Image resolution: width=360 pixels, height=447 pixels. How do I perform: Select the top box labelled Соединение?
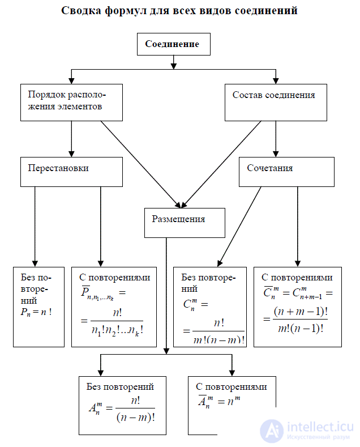(172, 44)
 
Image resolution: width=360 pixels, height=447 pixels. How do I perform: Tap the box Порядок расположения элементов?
(71, 102)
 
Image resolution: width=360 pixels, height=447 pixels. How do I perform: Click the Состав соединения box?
(276, 102)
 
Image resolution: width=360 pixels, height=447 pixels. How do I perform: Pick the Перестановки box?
(71, 172)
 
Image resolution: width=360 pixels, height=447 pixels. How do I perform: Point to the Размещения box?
(185, 223)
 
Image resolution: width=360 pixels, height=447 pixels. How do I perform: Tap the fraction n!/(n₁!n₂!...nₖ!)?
(116, 321)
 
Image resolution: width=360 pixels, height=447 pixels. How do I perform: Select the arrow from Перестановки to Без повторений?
(35, 227)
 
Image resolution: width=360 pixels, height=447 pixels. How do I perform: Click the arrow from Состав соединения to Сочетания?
(276, 139)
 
